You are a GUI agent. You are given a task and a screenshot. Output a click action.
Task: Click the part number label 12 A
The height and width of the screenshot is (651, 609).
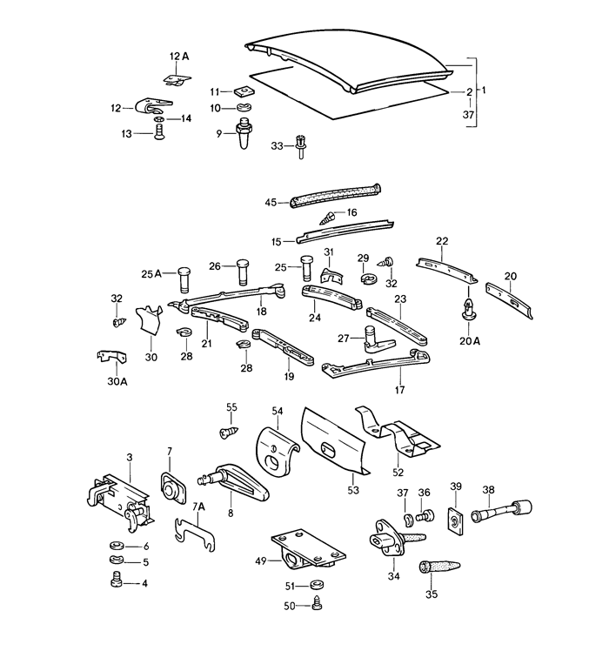pyautogui.click(x=179, y=56)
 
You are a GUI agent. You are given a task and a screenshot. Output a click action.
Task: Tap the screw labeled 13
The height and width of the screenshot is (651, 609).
pyautogui.click(x=158, y=133)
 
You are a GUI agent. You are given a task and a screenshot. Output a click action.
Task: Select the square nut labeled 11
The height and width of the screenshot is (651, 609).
pyautogui.click(x=244, y=91)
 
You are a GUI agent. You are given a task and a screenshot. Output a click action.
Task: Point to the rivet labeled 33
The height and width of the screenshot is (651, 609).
pyautogui.click(x=300, y=146)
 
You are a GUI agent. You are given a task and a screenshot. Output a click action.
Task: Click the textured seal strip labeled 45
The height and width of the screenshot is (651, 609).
pyautogui.click(x=336, y=195)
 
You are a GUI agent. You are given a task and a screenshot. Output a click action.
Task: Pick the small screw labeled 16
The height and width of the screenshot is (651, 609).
pyautogui.click(x=327, y=218)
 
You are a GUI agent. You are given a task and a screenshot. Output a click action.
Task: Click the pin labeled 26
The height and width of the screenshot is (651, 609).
pyautogui.click(x=243, y=272)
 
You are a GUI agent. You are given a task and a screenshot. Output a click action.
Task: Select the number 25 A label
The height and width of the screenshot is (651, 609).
pyautogui.click(x=151, y=274)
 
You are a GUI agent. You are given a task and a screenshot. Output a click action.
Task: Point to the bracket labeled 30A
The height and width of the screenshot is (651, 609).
pyautogui.click(x=111, y=357)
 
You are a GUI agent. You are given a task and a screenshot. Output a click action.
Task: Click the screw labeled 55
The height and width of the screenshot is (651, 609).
pyautogui.click(x=229, y=433)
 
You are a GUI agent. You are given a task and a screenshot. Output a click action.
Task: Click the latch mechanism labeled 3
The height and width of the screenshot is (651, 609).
pyautogui.click(x=120, y=502)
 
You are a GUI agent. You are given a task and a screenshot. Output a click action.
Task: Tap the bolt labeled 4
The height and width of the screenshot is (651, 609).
pyautogui.click(x=116, y=580)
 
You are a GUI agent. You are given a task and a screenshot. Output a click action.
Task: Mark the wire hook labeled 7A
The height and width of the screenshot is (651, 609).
pyautogui.click(x=194, y=534)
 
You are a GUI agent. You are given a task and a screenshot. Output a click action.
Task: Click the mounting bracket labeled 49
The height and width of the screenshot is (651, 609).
pyautogui.click(x=308, y=549)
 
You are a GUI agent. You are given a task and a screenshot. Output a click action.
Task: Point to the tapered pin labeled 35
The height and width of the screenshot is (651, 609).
pyautogui.click(x=438, y=567)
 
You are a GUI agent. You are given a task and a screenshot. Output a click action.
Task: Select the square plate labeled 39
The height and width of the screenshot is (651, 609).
pyautogui.click(x=456, y=519)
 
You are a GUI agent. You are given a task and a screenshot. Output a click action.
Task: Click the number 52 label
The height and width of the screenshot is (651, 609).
pyautogui.click(x=398, y=473)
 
